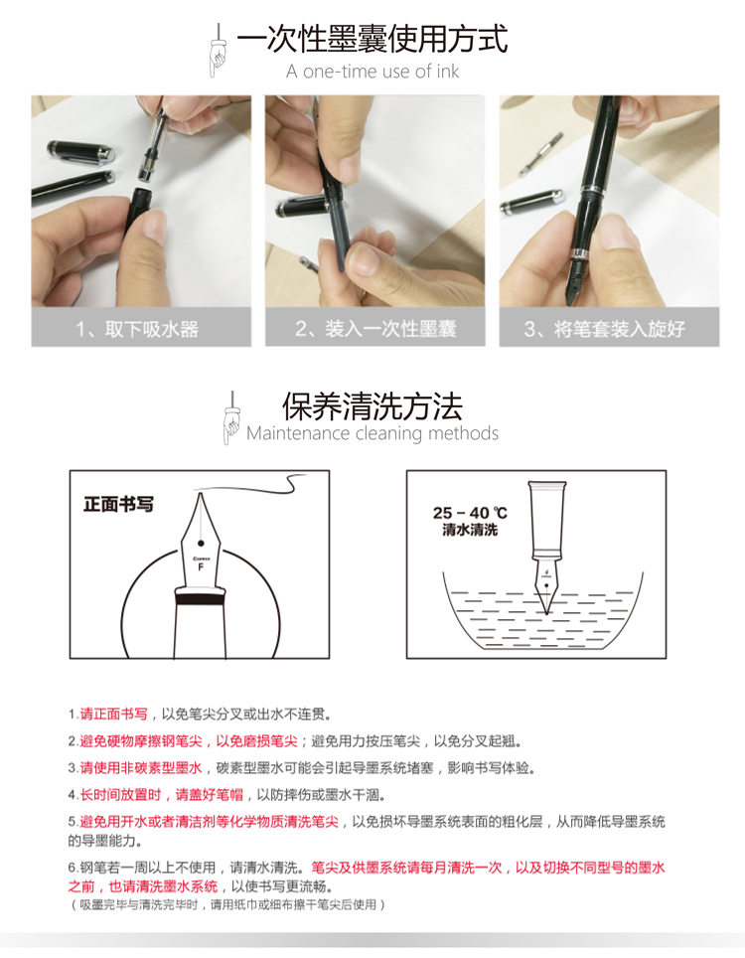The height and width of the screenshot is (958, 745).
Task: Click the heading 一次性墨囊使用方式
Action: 372,40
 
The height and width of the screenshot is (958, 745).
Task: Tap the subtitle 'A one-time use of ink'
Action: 372,72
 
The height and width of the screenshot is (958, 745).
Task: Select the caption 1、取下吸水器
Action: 137,329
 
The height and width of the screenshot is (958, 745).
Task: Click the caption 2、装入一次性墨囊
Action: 375,329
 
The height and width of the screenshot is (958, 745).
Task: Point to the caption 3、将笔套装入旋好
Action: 605,329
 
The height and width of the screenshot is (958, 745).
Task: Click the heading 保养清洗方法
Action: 372,406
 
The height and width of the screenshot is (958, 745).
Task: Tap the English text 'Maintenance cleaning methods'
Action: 372,433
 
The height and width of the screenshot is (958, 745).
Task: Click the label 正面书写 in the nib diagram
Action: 118,504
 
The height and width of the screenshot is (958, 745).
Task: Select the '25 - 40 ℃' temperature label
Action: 470,513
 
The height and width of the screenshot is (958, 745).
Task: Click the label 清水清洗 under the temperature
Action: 470,530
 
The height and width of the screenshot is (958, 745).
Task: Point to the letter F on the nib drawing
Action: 201,567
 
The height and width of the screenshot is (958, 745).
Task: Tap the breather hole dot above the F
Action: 201,544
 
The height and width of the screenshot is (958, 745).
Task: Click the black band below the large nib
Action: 201,599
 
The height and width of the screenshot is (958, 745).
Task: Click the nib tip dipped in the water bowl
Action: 546,610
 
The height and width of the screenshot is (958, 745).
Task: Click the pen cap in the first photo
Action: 81,152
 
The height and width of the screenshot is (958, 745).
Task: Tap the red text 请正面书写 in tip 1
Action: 114,714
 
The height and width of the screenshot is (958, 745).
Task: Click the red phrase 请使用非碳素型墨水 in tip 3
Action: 141,767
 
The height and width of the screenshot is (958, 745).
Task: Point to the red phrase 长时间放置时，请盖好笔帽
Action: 162,794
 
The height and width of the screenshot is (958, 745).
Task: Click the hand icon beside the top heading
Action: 217,52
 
